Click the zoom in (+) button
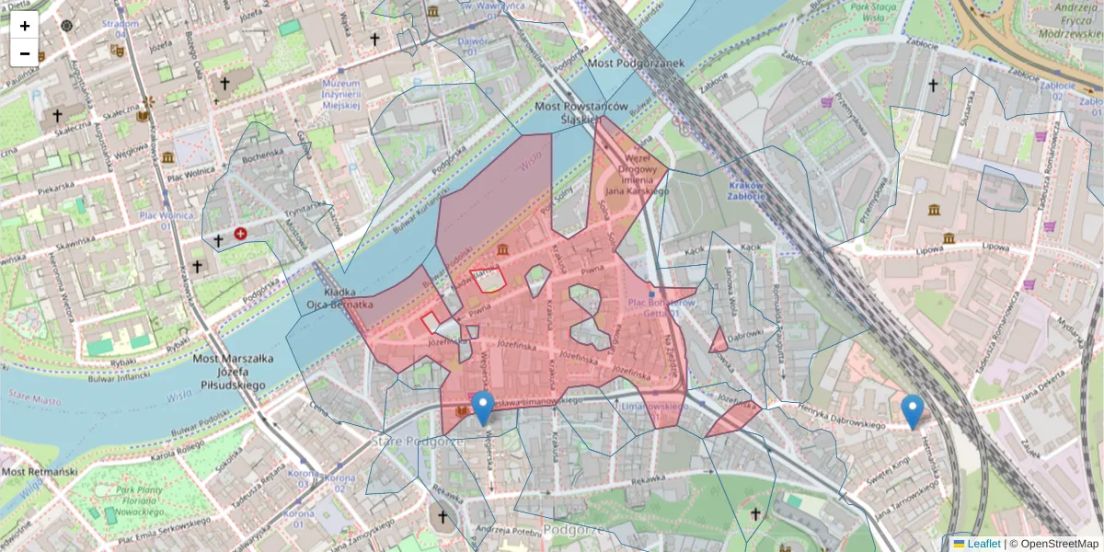pyautogui.click(x=25, y=26)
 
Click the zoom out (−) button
pyautogui.click(x=25, y=53)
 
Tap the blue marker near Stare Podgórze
pyautogui.click(x=482, y=408)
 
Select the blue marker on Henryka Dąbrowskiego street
pyautogui.click(x=912, y=411)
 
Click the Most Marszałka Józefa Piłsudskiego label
pyautogui.click(x=229, y=371)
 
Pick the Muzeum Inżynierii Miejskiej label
pyautogui.click(x=340, y=94)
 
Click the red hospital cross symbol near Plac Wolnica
pyautogui.click(x=241, y=235)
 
